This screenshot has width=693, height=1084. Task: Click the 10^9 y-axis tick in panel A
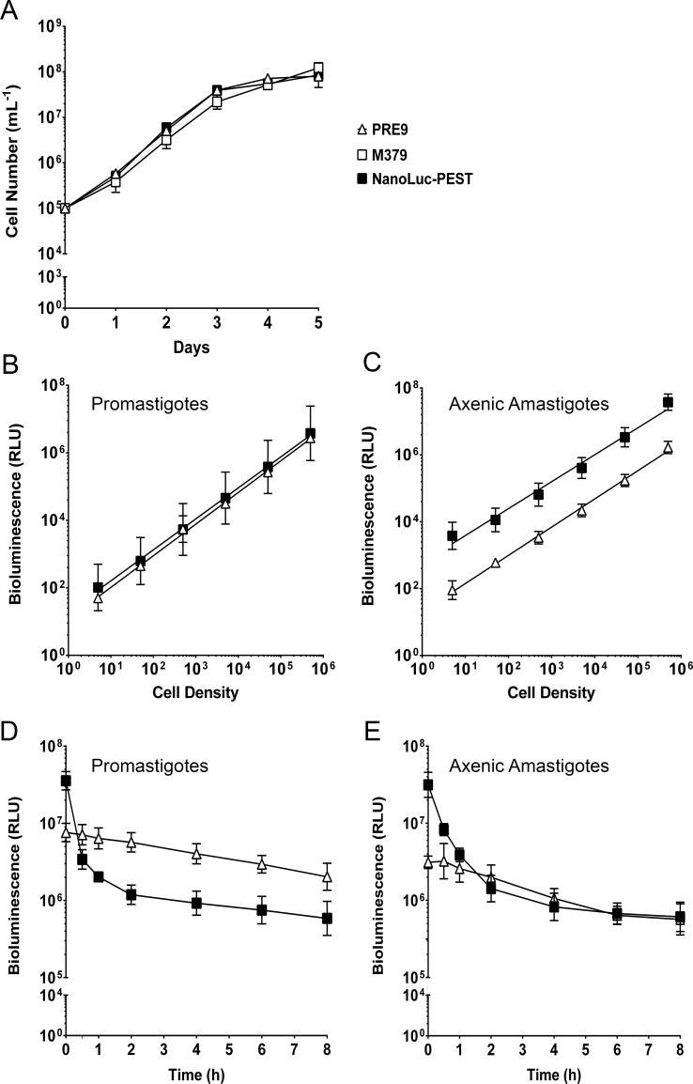[x=44, y=26]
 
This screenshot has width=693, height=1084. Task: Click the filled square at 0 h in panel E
[x=428, y=784]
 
